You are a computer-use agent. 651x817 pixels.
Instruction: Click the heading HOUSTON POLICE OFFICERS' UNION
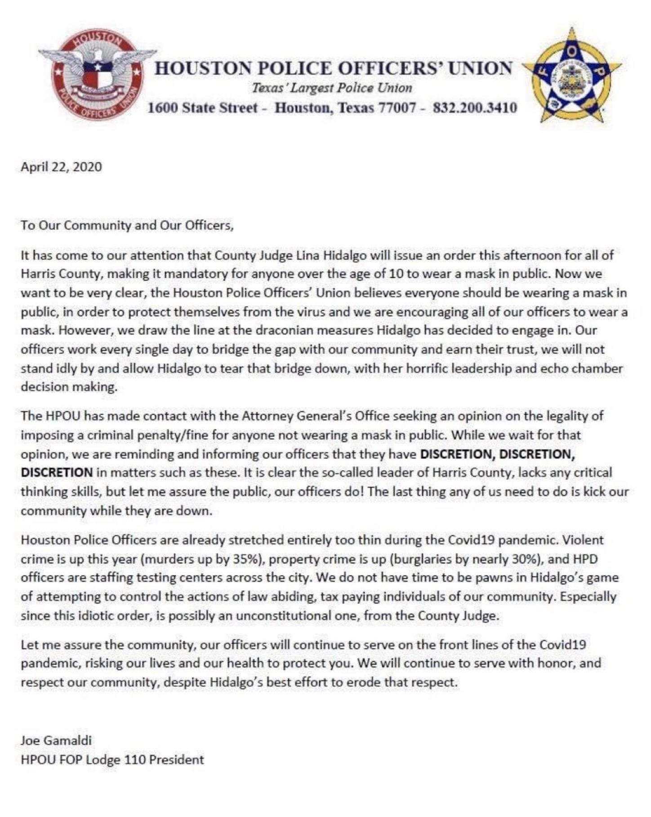click(334, 68)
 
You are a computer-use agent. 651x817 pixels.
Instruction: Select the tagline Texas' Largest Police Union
click(332, 88)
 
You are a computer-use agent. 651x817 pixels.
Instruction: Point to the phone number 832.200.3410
click(474, 108)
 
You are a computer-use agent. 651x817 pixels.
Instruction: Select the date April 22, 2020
click(62, 167)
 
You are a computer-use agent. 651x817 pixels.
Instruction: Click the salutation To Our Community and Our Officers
click(127, 225)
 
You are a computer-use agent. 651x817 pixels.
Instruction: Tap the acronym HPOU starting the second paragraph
click(63, 416)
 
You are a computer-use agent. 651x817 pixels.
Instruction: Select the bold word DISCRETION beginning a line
click(57, 473)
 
